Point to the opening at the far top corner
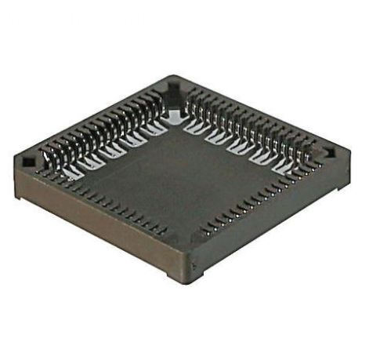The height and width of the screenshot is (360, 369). [174, 88]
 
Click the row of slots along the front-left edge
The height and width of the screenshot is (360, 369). [110, 204]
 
